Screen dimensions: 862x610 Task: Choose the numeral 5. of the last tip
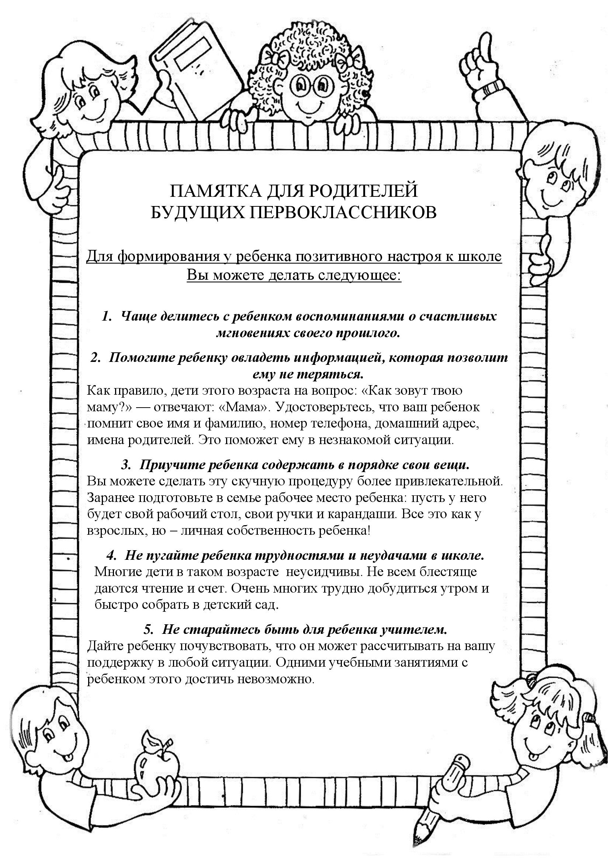[x=149, y=629]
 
